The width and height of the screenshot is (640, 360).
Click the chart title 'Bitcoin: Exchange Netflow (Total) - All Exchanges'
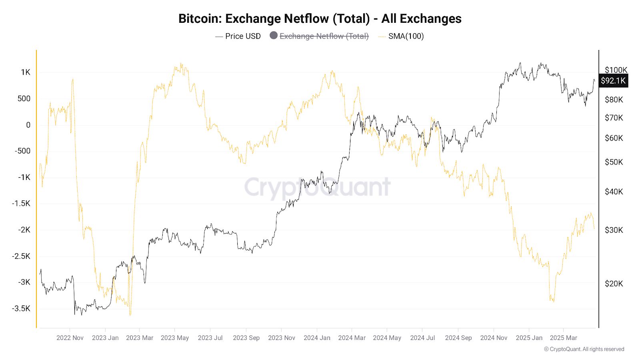pyautogui.click(x=320, y=18)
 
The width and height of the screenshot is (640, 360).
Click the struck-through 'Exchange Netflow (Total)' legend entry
pyautogui.click(x=324, y=36)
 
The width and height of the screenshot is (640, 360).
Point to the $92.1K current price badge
pyautogui.click(x=613, y=81)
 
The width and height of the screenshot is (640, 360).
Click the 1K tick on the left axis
pyautogui.click(x=26, y=72)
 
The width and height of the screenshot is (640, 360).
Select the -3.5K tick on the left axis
pyautogui.click(x=21, y=308)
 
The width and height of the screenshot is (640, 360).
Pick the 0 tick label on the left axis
pyautogui.click(x=28, y=125)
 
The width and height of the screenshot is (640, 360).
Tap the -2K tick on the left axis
pyautogui.click(x=24, y=230)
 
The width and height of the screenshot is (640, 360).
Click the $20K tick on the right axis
pyautogui.click(x=614, y=284)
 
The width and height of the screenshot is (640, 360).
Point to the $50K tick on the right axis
pyautogui.click(x=614, y=162)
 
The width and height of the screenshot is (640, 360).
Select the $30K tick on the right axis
pyautogui.click(x=614, y=230)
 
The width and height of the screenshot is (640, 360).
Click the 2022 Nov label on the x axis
pyautogui.click(x=70, y=338)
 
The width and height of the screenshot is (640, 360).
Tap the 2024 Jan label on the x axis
pyautogui.click(x=317, y=338)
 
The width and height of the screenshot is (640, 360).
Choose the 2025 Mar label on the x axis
pyautogui.click(x=563, y=338)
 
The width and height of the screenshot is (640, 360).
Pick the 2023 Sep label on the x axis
pyautogui.click(x=246, y=338)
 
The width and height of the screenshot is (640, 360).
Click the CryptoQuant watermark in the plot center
pyautogui.click(x=317, y=187)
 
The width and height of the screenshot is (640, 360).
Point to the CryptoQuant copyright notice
pyautogui.click(x=584, y=349)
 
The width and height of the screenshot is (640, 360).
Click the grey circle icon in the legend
pyautogui.click(x=274, y=35)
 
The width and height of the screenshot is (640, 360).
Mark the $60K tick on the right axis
pyautogui.click(x=614, y=138)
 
